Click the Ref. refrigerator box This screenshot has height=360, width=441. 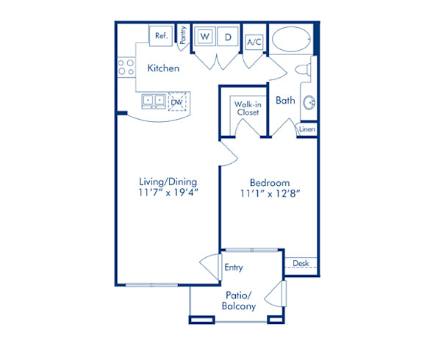[x=161, y=35]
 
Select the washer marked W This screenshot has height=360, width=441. [x=205, y=36]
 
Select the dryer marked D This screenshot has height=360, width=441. [x=228, y=36]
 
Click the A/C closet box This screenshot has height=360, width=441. [x=254, y=42]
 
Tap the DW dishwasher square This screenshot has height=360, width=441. [x=177, y=101]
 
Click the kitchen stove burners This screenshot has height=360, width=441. [x=126, y=68]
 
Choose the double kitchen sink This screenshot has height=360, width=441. [x=154, y=99]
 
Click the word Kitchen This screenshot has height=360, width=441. [x=163, y=68]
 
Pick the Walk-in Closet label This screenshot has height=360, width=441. [x=245, y=109]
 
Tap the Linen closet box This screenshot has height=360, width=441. [x=307, y=129]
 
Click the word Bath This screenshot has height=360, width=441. [x=285, y=101]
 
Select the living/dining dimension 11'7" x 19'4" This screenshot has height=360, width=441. [x=168, y=192]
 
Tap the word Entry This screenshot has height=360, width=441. [x=234, y=268]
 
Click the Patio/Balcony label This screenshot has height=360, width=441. [x=239, y=300]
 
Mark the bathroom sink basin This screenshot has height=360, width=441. [x=308, y=103]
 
